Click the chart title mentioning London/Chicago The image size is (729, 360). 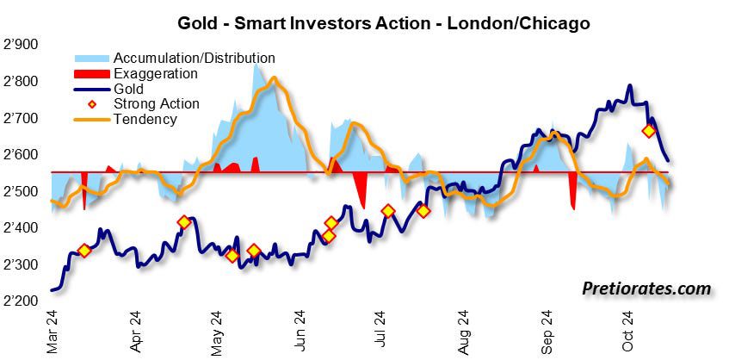[x=383, y=23]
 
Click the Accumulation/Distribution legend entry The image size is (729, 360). [x=194, y=59]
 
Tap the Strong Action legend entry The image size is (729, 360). [x=156, y=104]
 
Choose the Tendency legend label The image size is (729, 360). [x=145, y=119]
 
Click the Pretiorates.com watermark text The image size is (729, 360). [x=646, y=289]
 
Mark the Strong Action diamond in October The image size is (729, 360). [x=650, y=131]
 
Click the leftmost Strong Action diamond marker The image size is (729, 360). [x=84, y=251]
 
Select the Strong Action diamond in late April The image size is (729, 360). [x=183, y=222]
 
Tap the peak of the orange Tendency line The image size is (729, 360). [x=274, y=78]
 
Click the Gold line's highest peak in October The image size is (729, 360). [x=630, y=86]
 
